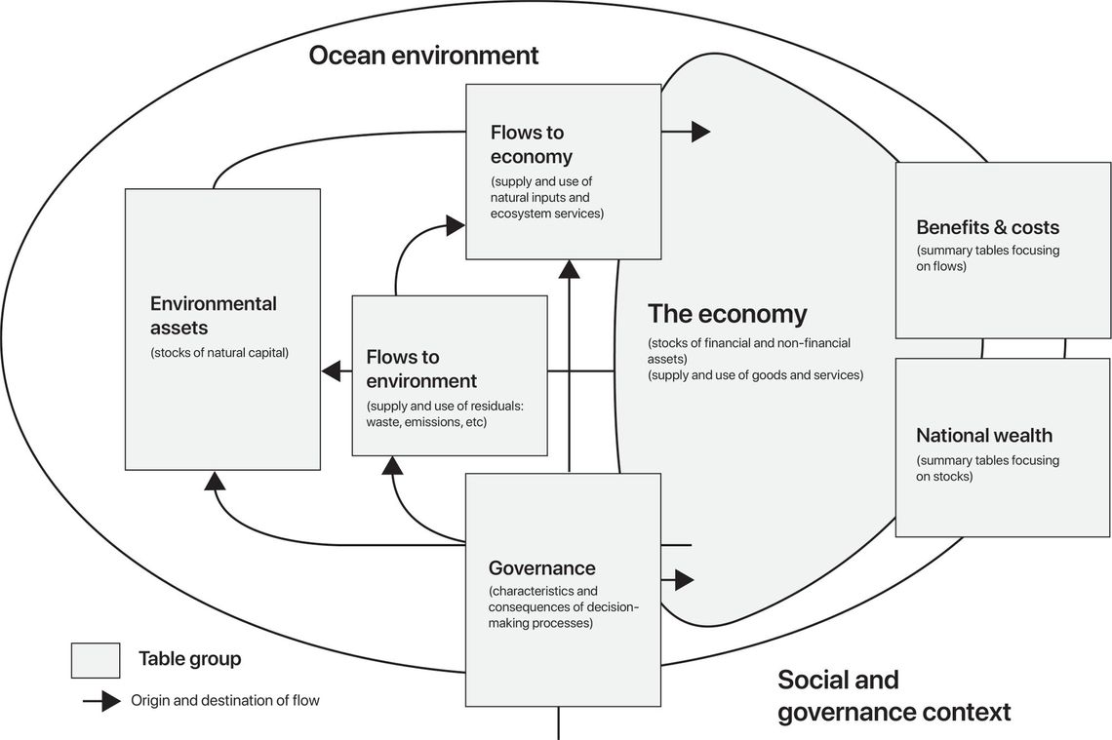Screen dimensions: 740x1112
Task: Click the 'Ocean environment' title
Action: (423, 56)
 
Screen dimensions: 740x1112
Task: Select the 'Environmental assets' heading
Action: (214, 316)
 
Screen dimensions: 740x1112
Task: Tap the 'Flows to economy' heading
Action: (531, 144)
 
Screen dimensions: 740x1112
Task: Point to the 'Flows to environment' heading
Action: (421, 369)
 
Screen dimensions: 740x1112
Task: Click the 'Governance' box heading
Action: (541, 567)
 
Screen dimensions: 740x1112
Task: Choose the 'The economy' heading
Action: (727, 314)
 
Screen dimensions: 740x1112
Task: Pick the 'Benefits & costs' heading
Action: (987, 227)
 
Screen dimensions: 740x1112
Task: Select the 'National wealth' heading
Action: (984, 435)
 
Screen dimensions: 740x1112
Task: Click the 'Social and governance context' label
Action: (893, 696)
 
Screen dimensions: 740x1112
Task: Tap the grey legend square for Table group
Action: (96, 660)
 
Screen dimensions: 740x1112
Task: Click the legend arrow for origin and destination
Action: (101, 700)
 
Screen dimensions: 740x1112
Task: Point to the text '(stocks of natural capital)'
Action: (219, 353)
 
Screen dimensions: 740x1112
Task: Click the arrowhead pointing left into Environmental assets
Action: (331, 370)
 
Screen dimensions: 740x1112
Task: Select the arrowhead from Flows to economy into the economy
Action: (700, 131)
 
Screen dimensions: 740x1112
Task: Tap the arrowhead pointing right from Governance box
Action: (684, 580)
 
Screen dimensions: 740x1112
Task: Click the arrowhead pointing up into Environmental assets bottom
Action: (215, 479)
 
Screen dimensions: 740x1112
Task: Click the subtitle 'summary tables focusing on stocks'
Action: (987, 468)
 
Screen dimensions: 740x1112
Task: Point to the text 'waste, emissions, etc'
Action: (426, 422)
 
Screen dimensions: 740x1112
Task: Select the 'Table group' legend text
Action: (189, 659)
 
